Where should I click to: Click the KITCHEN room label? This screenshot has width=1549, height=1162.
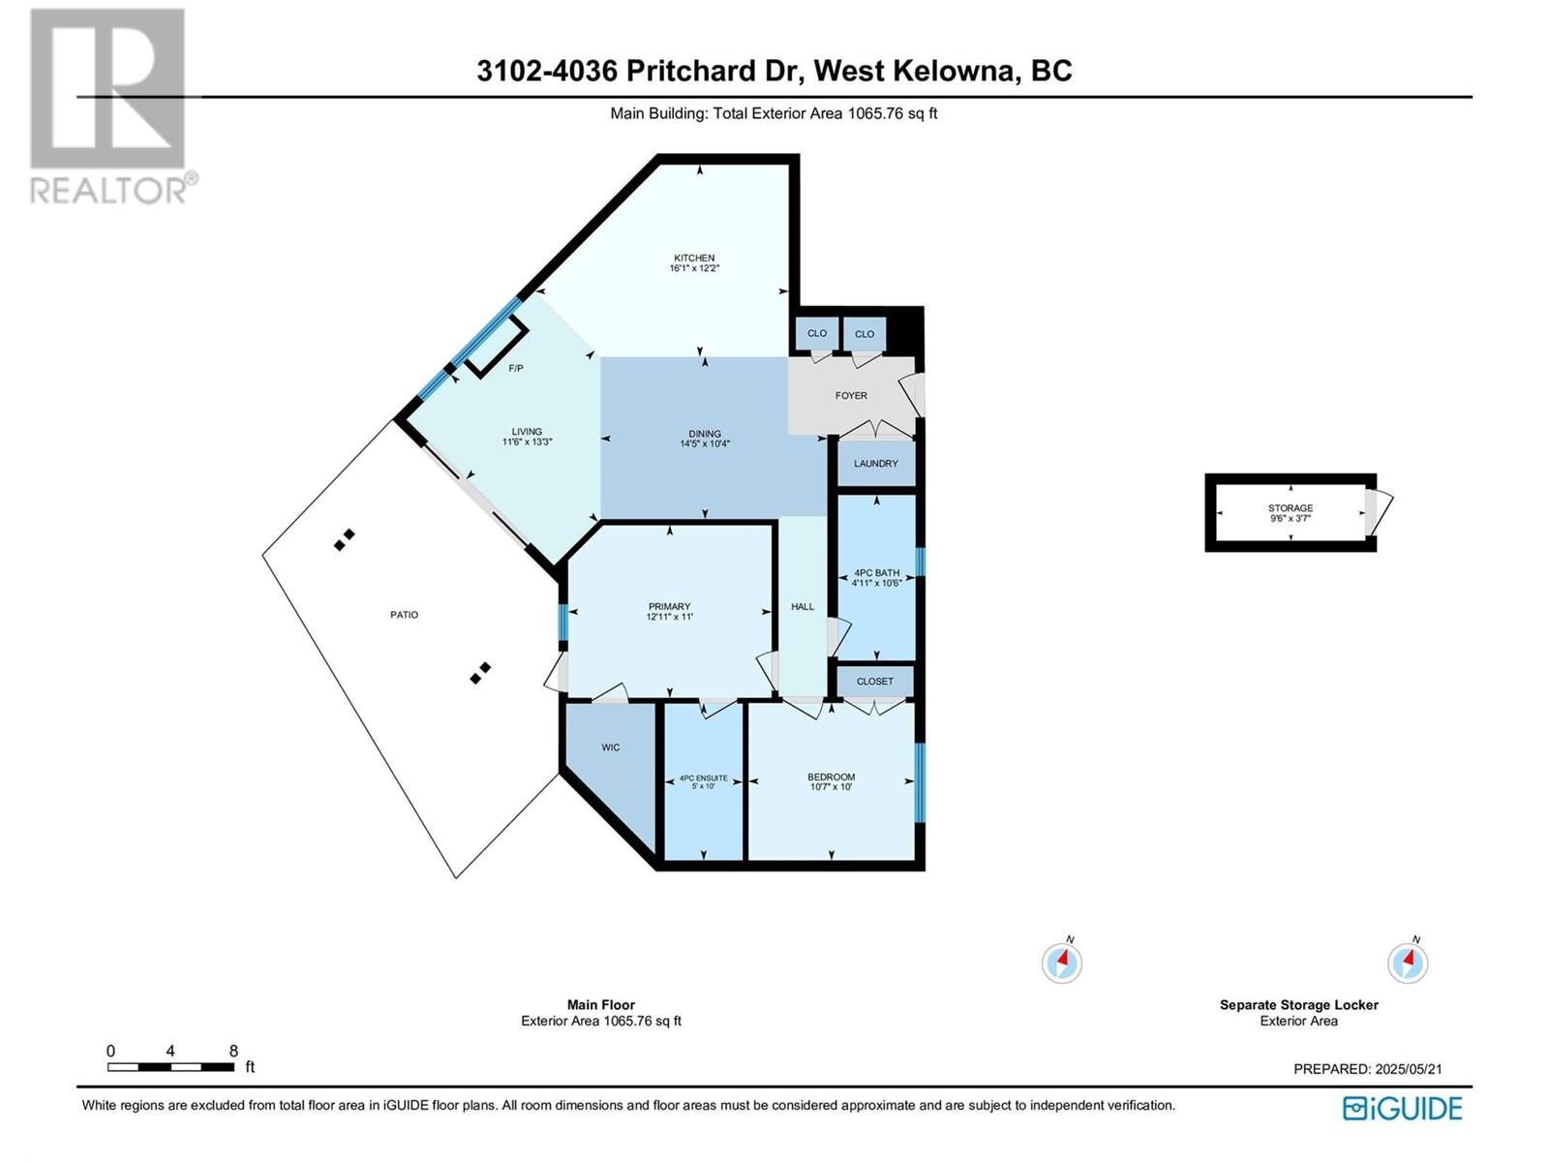[694, 258]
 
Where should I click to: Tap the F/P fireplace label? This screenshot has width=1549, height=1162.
[516, 368]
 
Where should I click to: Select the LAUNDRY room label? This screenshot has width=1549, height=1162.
[875, 464]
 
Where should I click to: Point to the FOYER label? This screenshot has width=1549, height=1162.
[851, 396]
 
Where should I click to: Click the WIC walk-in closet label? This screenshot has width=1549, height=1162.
[611, 748]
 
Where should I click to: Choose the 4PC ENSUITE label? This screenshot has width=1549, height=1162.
[703, 779]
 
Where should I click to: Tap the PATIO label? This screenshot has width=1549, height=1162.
[404, 615]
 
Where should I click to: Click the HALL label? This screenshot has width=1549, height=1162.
[803, 607]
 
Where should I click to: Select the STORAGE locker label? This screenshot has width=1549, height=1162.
[1290, 508]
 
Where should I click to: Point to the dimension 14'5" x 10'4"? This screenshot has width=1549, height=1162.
[704, 444]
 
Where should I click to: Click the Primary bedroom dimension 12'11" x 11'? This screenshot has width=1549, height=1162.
[669, 617]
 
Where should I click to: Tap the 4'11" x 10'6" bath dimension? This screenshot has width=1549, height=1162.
[876, 583]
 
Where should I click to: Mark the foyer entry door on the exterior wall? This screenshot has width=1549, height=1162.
[913, 394]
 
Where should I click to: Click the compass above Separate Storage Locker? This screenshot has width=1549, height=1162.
[1407, 963]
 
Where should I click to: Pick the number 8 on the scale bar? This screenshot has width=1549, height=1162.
[233, 1051]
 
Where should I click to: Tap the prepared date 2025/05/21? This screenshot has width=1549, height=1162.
[1407, 1069]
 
